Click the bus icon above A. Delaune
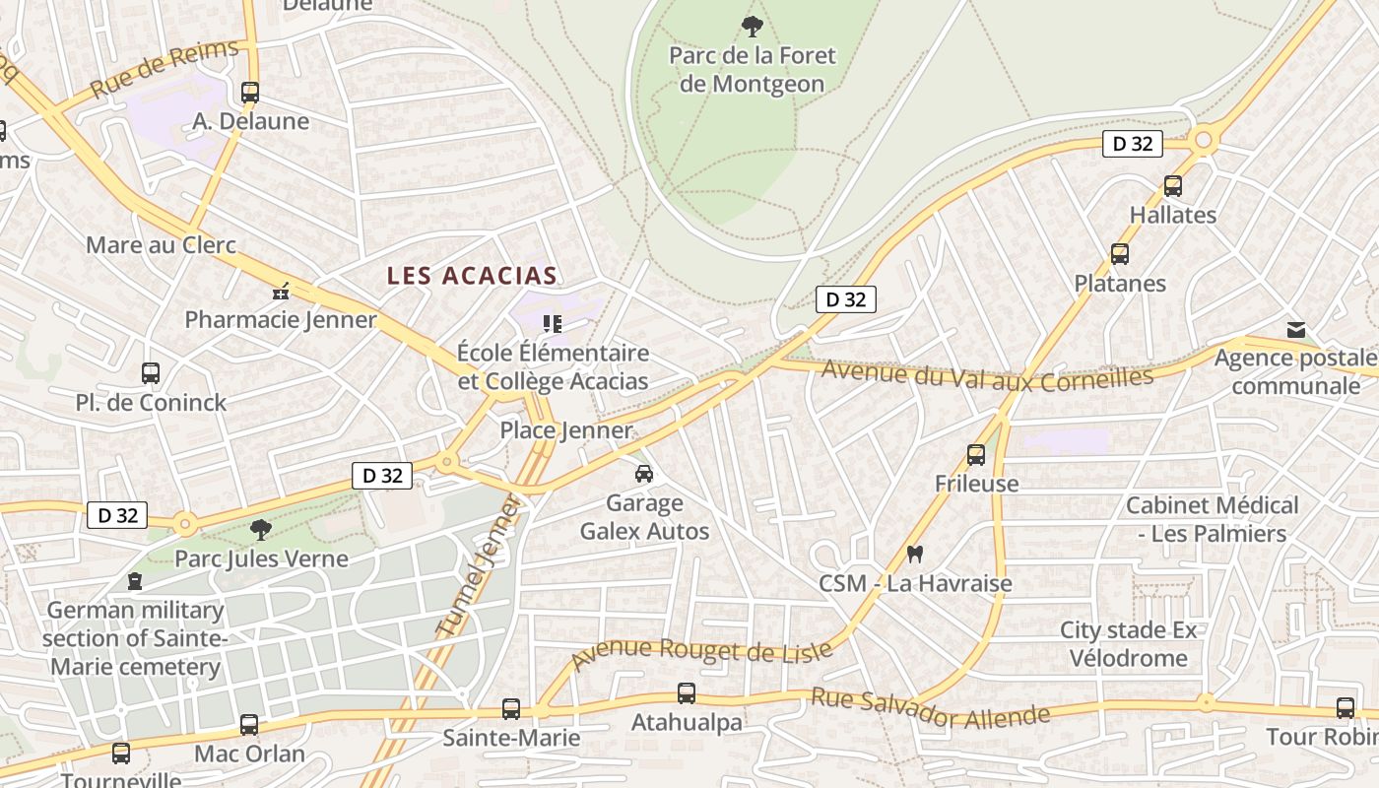tap(250, 93)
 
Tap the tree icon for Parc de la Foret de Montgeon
tap(753, 27)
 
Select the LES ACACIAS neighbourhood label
tap(473, 276)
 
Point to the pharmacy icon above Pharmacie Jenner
tap(282, 291)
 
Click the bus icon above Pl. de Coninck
tap(151, 373)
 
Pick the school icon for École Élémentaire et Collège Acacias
tap(553, 323)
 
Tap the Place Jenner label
tap(565, 430)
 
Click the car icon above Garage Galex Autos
tap(644, 474)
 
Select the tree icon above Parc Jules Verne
tap(261, 530)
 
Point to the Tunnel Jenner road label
tap(478, 566)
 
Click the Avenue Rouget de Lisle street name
tap(702, 653)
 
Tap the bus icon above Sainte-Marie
tap(510, 708)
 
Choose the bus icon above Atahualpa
tap(687, 693)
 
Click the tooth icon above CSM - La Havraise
tap(915, 555)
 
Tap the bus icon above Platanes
tap(1120, 254)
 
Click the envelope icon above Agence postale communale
tap(1296, 330)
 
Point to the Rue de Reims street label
tap(164, 69)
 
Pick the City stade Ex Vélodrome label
tap(1128, 644)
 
